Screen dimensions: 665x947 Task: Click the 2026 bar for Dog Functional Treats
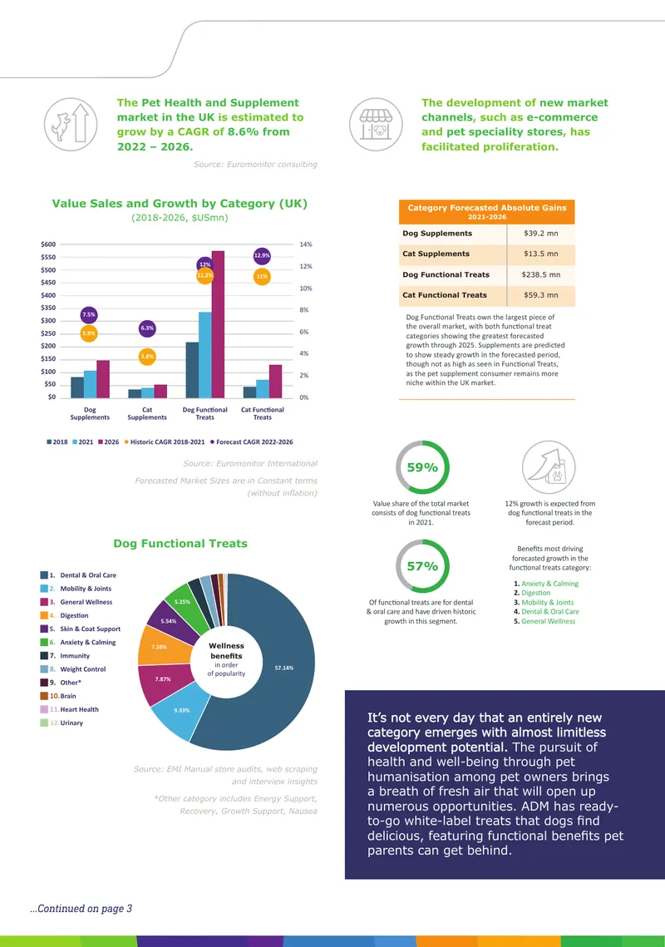[x=218, y=324]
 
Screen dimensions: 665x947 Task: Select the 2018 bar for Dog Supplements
[x=77, y=387]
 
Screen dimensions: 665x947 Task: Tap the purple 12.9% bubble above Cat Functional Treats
[x=262, y=255]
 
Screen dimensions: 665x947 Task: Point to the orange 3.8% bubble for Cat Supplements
[x=147, y=357]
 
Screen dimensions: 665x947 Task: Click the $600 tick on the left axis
[x=48, y=244]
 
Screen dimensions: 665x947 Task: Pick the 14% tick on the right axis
[x=306, y=244]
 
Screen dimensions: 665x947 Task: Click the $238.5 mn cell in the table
[x=540, y=275]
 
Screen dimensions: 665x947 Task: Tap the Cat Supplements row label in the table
[x=436, y=254]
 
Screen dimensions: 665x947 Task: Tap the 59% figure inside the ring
[x=422, y=467]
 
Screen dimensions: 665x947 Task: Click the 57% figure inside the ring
[x=422, y=566]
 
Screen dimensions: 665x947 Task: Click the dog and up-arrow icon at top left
[x=71, y=125]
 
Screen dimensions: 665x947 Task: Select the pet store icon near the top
[x=376, y=125]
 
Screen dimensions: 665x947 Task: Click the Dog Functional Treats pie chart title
[x=180, y=544]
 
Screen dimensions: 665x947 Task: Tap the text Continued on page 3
[x=81, y=909]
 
